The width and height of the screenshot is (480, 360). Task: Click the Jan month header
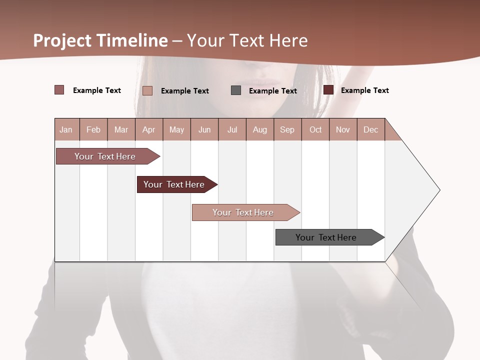(66, 129)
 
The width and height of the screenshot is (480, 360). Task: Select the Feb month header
(93, 129)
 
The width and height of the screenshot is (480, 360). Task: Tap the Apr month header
(149, 129)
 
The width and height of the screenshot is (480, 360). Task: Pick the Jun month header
(204, 129)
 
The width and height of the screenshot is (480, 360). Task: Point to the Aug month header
(260, 129)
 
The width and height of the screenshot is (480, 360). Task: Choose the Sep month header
(287, 129)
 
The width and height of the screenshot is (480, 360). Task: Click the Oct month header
(315, 129)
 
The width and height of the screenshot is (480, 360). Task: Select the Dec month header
(371, 129)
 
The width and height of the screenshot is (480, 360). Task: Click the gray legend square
(236, 90)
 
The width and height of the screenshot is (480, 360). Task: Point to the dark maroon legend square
(328, 90)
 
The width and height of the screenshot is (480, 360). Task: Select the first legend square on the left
(59, 90)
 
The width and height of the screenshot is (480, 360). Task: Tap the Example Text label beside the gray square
(272, 91)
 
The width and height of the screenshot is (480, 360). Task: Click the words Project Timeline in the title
(100, 40)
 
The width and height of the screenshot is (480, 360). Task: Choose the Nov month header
(343, 129)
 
